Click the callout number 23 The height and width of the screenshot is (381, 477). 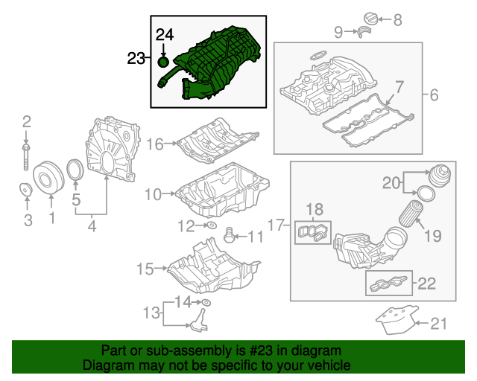(136, 58)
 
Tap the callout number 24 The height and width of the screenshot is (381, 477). (164, 34)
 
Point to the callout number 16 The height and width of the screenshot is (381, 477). (154, 144)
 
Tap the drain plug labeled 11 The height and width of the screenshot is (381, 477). (230, 237)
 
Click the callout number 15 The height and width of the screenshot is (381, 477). (145, 266)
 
